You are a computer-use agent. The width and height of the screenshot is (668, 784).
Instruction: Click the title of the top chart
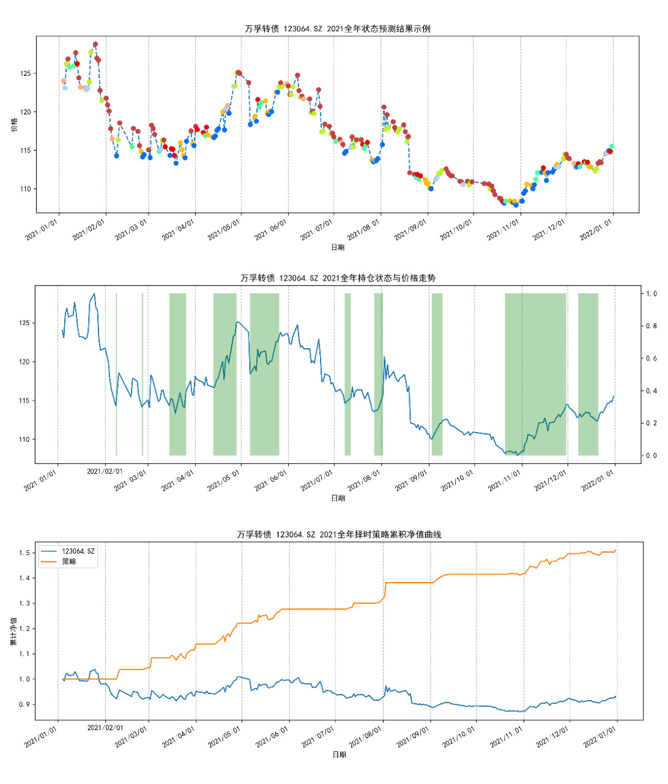point(337,29)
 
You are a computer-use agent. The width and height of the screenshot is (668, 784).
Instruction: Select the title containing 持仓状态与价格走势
point(338,278)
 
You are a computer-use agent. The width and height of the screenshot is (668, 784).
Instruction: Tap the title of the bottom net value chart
point(339,534)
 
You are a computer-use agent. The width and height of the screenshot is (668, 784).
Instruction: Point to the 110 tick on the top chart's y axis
point(25,189)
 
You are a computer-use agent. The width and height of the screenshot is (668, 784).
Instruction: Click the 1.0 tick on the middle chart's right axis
point(651,294)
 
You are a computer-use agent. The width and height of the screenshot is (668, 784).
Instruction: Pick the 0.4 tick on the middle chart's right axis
point(651,391)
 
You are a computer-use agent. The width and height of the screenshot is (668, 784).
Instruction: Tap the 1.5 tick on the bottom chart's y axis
point(24,553)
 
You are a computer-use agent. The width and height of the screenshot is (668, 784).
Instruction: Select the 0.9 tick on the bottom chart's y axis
point(24,704)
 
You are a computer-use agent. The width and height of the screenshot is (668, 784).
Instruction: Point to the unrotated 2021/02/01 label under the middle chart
point(105,471)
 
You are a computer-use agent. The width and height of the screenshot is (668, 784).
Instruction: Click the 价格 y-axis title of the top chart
point(14,124)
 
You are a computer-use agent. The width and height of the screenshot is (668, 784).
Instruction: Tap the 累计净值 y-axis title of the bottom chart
point(13,631)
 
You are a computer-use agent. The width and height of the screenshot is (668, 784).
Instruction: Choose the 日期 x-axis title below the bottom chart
point(339,755)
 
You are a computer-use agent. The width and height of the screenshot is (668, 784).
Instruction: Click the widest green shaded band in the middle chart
point(535,375)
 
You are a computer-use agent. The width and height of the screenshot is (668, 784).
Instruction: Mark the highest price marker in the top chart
point(95,45)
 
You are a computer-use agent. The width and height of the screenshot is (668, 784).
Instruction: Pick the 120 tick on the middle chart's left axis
point(24,362)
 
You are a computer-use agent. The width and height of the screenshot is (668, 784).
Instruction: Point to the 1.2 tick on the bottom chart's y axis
point(24,629)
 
